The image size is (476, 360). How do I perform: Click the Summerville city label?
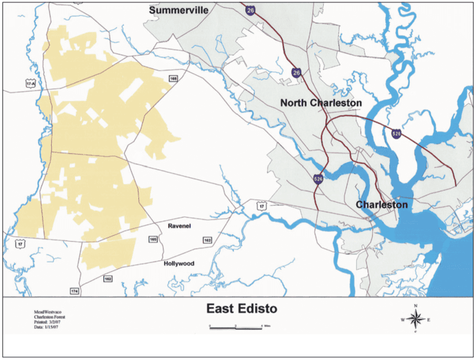pyautogui.click(x=179, y=10)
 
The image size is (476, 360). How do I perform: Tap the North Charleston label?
pyautogui.click(x=321, y=103)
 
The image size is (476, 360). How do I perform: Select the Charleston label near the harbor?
pyautogui.click(x=381, y=205)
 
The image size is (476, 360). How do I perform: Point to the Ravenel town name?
pyautogui.click(x=179, y=227)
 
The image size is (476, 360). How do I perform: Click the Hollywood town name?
pyautogui.click(x=179, y=264)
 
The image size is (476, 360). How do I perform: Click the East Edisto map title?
pyautogui.click(x=241, y=309)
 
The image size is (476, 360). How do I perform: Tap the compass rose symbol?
pyautogui.click(x=415, y=320)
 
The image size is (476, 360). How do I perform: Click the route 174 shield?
pyautogui.click(x=74, y=291)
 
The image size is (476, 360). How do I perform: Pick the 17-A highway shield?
pyautogui.click(x=31, y=84)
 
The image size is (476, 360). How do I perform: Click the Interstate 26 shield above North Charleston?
pyautogui.click(x=296, y=72)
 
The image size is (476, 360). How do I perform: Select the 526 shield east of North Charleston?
pyautogui.click(x=396, y=133)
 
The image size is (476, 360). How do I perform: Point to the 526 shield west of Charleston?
pyautogui.click(x=318, y=179)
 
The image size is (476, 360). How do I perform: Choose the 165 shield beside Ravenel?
pyautogui.click(x=153, y=239)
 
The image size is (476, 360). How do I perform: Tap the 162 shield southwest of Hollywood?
pyautogui.click(x=108, y=278)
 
